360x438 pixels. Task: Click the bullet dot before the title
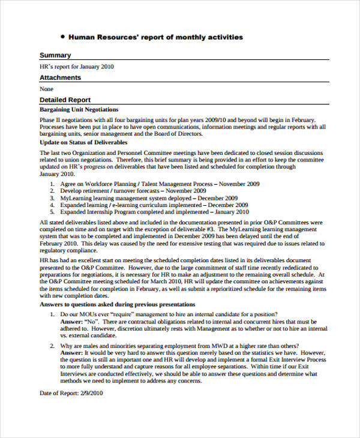click(x=63, y=37)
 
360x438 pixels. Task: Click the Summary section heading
click(x=55, y=55)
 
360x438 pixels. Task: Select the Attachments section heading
click(x=60, y=77)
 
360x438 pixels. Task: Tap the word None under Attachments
click(x=46, y=89)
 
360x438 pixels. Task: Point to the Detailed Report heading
click(x=65, y=100)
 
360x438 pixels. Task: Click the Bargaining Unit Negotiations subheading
click(x=79, y=110)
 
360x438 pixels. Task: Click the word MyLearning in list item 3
click(x=75, y=198)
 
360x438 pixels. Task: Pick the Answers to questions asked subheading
click(x=117, y=304)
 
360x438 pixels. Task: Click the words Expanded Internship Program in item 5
click(x=99, y=212)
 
